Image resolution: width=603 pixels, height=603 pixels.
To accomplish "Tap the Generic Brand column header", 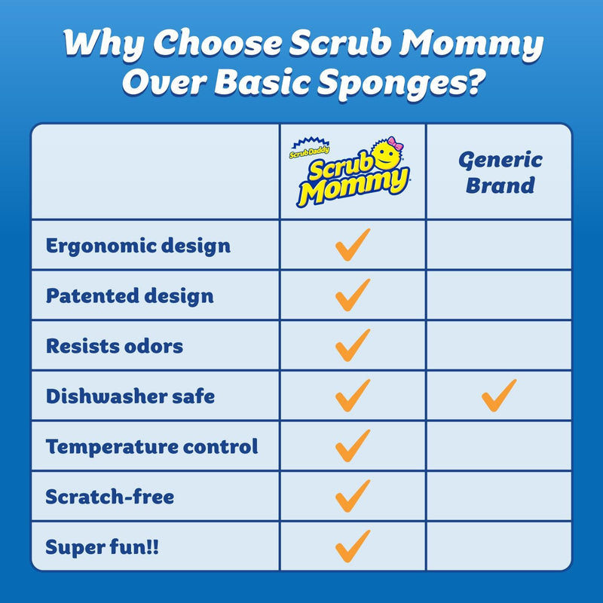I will pos(500,172).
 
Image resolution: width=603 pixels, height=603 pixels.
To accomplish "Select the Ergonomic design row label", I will pos(138,246).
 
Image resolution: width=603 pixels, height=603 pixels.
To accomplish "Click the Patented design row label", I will pos(130,296).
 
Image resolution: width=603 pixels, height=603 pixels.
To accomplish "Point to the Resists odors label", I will pos(115,346).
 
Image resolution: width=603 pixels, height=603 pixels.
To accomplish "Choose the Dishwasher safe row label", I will pos(130,396).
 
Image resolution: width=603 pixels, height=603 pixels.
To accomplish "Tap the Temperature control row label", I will pos(152,446).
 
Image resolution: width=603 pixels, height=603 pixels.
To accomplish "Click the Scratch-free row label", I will pos(110,497).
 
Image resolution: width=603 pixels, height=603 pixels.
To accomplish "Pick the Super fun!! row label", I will pos(103,546).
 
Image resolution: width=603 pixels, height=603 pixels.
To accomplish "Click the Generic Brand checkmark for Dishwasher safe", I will pos(499,395).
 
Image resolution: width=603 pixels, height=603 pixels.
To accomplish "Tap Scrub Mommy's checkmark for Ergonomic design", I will pos(353,245).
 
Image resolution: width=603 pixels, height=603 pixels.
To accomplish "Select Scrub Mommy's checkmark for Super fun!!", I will pos(353,546).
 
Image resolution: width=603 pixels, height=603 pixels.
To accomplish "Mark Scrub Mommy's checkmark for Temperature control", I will pos(353,445).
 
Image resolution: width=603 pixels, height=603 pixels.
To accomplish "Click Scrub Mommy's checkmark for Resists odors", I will pos(353,345).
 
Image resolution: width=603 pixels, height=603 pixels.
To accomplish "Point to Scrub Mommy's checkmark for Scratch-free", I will pos(353,496).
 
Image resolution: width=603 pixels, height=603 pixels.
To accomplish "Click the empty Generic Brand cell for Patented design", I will pos(499,295).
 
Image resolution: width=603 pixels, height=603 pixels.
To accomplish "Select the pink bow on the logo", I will pos(395,144).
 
